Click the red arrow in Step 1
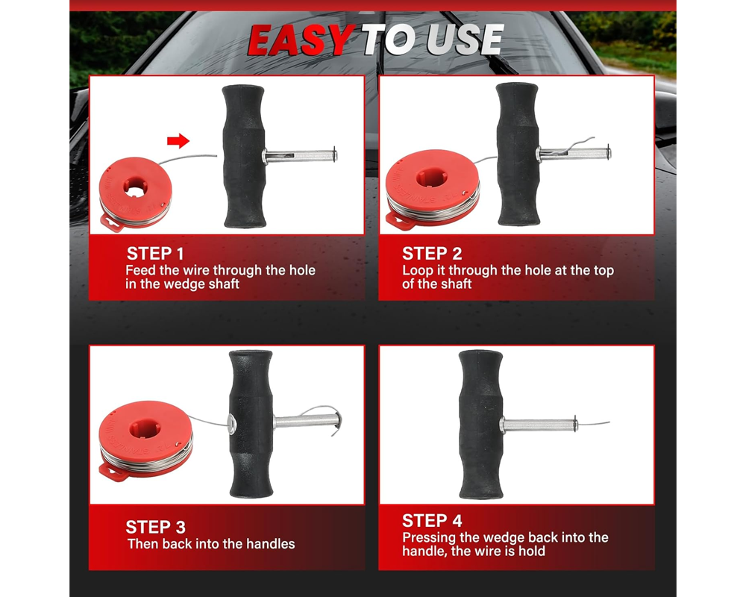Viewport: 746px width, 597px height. [x=178, y=140]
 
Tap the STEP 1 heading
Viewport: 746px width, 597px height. [x=155, y=254]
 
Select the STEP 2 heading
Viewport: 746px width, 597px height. [x=432, y=254]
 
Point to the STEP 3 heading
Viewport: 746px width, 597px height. [x=155, y=527]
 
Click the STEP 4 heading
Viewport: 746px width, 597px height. [x=432, y=520]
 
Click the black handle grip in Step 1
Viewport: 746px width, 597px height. [x=244, y=156]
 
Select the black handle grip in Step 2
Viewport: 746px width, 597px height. [x=518, y=154]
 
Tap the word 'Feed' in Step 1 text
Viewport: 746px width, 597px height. [x=141, y=270]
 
